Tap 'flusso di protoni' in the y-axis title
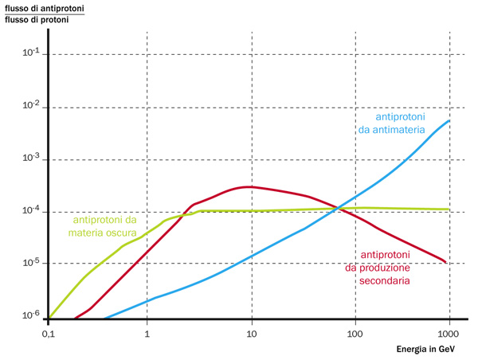pos(37,19)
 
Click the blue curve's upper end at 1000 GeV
pos(450,121)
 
